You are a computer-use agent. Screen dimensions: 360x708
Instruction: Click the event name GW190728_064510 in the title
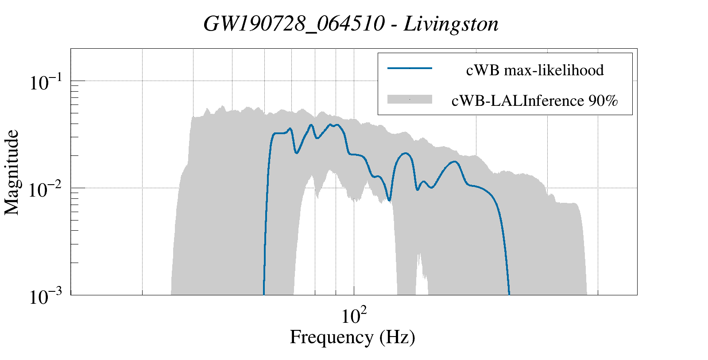coord(294,24)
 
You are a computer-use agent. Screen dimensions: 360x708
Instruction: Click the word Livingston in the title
coord(451,24)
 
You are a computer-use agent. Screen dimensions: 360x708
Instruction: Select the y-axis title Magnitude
coord(12,173)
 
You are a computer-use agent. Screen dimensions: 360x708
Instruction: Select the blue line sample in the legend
coord(409,68)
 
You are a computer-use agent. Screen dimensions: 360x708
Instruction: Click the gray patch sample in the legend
coord(409,100)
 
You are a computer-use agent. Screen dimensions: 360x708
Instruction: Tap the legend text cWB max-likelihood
coord(535,70)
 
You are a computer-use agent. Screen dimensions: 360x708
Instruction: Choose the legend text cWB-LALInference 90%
coord(534,101)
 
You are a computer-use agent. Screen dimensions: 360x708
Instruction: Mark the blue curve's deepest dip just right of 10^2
coord(389,200)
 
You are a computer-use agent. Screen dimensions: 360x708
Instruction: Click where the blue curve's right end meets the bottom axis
coord(509,294)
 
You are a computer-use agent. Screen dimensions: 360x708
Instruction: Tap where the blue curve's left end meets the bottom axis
coord(264,294)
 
